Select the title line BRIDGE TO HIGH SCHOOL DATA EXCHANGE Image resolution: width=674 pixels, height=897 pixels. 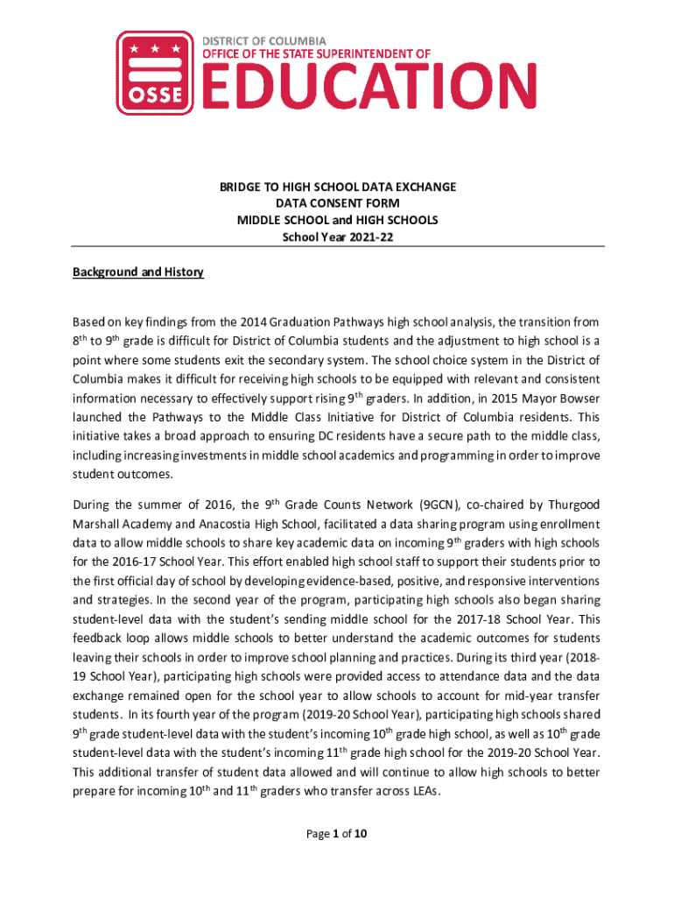[337, 187]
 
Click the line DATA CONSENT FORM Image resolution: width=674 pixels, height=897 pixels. [337, 203]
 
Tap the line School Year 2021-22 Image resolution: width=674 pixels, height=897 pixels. [337, 236]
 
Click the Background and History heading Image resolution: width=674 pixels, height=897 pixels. [137, 272]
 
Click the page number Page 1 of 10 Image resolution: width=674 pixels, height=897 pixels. [337, 834]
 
